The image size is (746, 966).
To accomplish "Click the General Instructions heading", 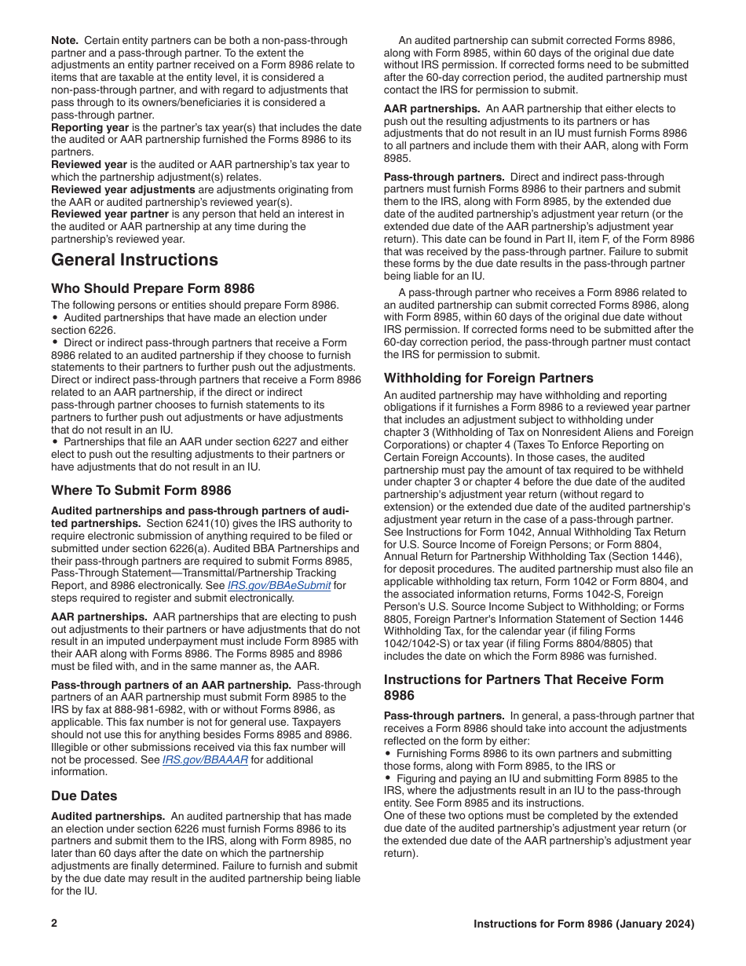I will click(134, 260).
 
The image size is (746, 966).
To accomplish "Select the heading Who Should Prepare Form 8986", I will click(152, 288).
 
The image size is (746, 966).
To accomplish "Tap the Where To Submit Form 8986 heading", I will click(141, 490).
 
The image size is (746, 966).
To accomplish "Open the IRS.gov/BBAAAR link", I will click(194, 759).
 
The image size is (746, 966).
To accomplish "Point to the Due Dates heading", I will click(84, 796).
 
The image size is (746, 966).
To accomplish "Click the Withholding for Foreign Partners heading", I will click(488, 378).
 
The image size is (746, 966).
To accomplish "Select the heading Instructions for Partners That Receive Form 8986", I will click(523, 686).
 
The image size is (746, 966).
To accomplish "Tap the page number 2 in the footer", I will click(54, 924).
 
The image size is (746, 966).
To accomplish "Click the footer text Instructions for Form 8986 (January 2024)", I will click(583, 924).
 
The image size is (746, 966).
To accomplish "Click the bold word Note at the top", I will click(65, 39).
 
